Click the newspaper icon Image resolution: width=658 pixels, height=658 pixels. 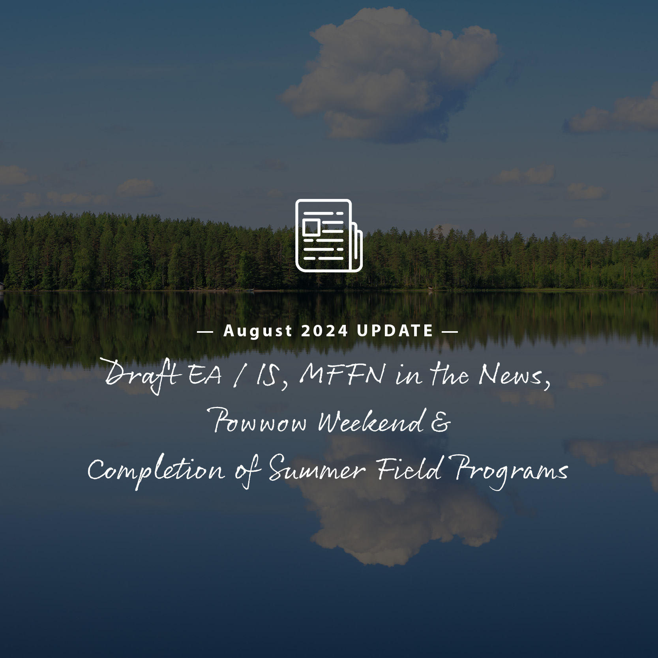coord(329,236)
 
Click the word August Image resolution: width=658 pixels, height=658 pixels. coord(258,331)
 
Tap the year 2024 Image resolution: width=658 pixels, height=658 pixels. coord(325,331)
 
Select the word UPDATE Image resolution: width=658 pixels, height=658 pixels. coord(395,331)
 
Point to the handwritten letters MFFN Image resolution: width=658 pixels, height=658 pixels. coord(342,374)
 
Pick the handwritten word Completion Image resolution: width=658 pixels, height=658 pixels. coord(156,471)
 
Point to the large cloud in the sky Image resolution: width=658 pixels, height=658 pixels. coord(389,75)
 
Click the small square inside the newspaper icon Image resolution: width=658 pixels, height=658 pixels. coord(311,227)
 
